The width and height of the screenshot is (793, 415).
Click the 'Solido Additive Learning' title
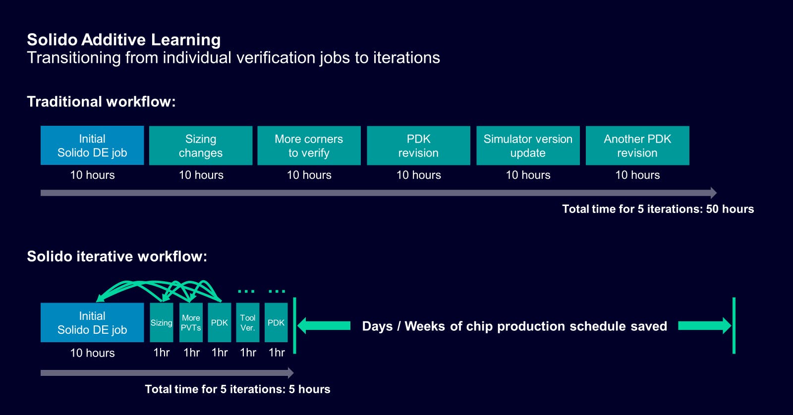[124, 40]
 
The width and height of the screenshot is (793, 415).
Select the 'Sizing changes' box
[201, 146]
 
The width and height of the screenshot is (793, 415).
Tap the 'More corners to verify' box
[309, 146]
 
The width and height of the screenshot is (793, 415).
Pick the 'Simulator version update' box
[528, 146]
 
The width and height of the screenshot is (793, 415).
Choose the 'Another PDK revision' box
[637, 146]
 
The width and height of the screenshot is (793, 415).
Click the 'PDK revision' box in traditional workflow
[418, 146]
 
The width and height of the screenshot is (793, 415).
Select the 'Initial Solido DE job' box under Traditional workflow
[92, 146]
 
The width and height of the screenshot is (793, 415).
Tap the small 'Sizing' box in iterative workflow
[162, 322]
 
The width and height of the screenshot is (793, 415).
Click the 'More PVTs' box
[191, 322]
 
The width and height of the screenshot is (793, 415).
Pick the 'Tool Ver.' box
[247, 322]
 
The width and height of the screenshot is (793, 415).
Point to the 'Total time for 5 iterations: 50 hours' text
[658, 209]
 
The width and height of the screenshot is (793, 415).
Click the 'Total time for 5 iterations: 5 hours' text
[237, 389]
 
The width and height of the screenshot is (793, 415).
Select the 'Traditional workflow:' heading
[101, 102]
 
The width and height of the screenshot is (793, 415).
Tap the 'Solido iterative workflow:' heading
[117, 256]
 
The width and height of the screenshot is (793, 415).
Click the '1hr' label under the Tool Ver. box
[248, 353]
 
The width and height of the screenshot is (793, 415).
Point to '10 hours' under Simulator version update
[528, 175]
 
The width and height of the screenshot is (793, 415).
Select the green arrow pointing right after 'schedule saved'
[704, 325]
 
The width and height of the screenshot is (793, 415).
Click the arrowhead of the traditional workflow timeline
[714, 193]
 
